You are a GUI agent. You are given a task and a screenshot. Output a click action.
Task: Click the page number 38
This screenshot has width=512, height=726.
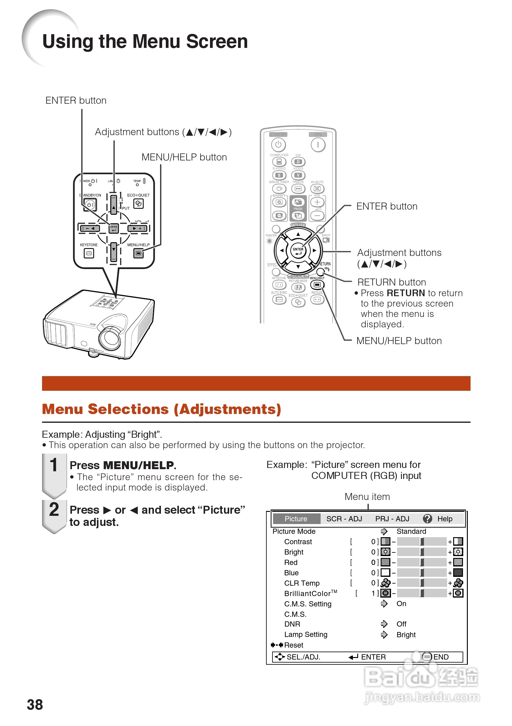35,705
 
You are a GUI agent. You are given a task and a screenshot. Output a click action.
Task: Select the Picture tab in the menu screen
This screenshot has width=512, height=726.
296,519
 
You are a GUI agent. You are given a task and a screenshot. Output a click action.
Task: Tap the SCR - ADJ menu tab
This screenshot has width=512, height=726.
344,519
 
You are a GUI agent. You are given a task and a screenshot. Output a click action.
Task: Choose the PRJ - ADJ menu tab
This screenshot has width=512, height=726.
392,519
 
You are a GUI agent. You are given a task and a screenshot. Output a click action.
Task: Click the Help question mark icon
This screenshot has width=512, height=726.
427,519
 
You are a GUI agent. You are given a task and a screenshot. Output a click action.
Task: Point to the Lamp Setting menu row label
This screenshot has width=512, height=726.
305,634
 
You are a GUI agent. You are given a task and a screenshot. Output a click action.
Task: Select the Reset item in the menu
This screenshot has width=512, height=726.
293,645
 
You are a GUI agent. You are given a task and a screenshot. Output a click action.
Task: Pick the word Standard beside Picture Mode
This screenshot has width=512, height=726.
411,531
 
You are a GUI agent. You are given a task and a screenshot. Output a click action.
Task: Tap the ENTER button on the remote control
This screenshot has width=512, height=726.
298,251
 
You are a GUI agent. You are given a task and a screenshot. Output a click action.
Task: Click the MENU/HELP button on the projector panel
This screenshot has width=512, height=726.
138,253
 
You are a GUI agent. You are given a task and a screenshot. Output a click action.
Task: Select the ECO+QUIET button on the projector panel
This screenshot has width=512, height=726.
138,203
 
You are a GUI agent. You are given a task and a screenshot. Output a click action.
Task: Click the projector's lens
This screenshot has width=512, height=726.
110,338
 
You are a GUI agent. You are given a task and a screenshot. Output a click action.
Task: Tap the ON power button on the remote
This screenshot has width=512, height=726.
318,145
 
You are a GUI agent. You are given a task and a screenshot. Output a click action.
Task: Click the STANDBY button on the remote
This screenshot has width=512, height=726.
278,145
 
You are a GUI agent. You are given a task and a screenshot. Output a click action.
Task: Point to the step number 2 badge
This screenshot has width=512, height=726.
54,510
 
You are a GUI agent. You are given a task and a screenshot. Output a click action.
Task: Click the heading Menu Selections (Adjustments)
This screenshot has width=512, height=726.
162,409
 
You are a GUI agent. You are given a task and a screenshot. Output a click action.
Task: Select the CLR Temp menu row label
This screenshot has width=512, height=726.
302,583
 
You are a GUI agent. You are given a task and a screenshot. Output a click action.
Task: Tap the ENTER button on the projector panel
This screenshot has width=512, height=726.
114,228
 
